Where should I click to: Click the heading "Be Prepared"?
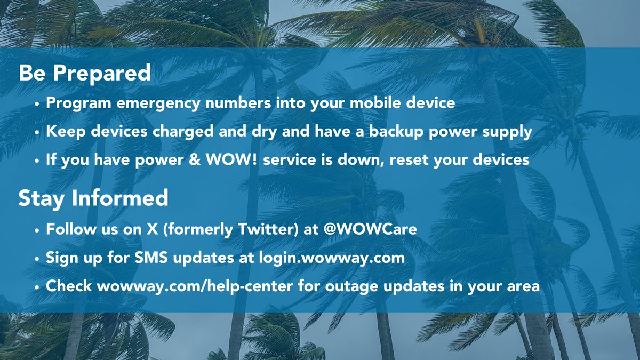[85, 74]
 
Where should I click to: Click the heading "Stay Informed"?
[93, 198]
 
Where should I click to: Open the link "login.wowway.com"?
[332, 258]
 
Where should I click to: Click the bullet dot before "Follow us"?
[37, 231]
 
